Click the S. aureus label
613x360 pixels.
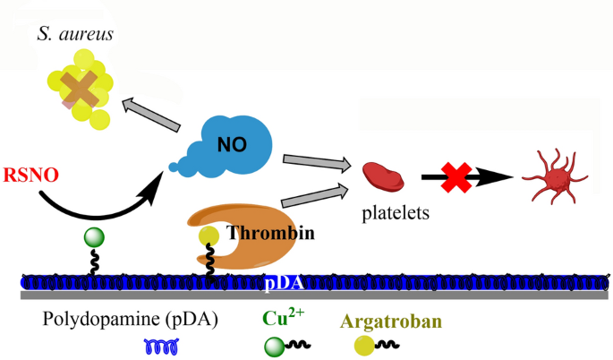[76, 34]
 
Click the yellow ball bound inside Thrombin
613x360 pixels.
[209, 236]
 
